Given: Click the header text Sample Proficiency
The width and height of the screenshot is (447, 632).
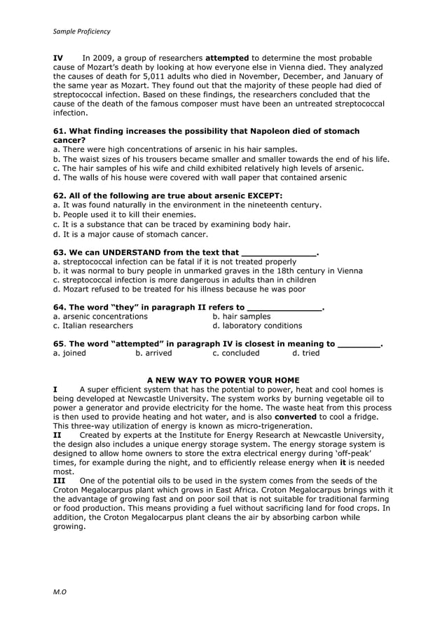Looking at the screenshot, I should tap(82, 32).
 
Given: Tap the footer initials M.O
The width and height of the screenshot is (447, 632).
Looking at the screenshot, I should tap(60, 592).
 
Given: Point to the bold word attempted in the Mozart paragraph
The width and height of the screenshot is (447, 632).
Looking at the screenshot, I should tap(226, 57).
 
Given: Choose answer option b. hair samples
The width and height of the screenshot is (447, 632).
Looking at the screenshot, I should tap(242, 316).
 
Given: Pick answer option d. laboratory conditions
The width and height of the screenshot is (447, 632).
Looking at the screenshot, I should tap(257, 325).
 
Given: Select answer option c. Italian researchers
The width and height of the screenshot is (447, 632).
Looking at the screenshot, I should tap(93, 325).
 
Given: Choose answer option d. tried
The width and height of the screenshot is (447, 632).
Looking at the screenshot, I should tap(305, 353).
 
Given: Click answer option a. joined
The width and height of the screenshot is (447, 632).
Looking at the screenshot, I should tap(70, 353).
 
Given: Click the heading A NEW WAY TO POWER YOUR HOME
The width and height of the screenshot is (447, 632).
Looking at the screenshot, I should tap(223, 380).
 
